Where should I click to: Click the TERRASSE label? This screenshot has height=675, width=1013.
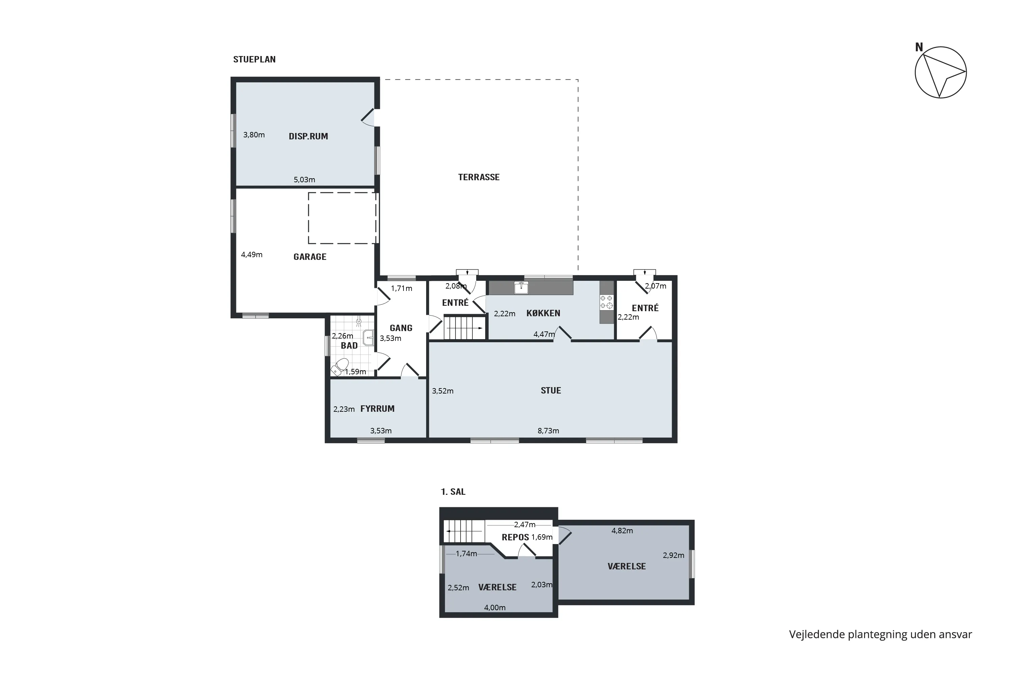pyautogui.click(x=478, y=177)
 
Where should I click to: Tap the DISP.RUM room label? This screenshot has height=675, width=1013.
pyautogui.click(x=308, y=136)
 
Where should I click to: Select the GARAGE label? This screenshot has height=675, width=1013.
pyautogui.click(x=310, y=257)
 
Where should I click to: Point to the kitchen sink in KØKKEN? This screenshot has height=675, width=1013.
pyautogui.click(x=521, y=287)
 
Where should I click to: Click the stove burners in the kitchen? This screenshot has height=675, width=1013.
pyautogui.click(x=606, y=302)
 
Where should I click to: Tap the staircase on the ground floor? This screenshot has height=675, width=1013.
pyautogui.click(x=465, y=328)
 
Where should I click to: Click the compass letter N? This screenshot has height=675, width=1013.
pyautogui.click(x=919, y=47)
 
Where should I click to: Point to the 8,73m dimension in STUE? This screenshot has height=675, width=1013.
pyautogui.click(x=548, y=431)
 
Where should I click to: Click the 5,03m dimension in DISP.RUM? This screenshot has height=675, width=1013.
pyautogui.click(x=305, y=180)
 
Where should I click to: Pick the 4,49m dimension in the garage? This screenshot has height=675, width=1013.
pyautogui.click(x=252, y=254)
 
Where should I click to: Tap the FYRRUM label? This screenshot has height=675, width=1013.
pyautogui.click(x=377, y=408)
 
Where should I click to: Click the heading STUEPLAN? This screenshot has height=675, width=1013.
pyautogui.click(x=255, y=59)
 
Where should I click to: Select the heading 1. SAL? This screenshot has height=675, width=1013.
pyautogui.click(x=453, y=492)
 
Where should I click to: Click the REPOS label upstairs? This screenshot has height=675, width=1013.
pyautogui.click(x=515, y=537)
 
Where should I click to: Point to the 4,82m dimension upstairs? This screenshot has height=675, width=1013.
pyautogui.click(x=622, y=531)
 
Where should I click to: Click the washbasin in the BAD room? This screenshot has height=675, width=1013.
pyautogui.click(x=369, y=338)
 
